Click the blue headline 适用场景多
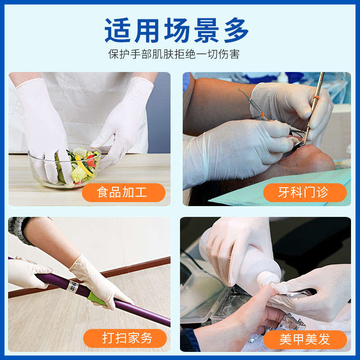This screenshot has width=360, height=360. pyautogui.click(x=176, y=30)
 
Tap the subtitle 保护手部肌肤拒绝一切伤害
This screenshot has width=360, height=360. pyautogui.click(x=174, y=54)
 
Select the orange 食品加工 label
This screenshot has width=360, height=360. pyautogui.click(x=123, y=193)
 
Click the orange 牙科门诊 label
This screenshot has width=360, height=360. pyautogui.click(x=305, y=193)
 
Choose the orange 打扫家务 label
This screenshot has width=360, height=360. pyautogui.click(x=125, y=338)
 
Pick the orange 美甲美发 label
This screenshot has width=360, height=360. pyautogui.click(x=305, y=339)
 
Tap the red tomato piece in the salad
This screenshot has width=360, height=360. pyautogui.click(x=91, y=161)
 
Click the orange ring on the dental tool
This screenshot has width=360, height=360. pyautogui.click(x=316, y=98)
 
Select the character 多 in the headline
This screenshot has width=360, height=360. pyautogui.click(x=237, y=30)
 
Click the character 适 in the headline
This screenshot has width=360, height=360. pyautogui.click(x=117, y=30)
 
